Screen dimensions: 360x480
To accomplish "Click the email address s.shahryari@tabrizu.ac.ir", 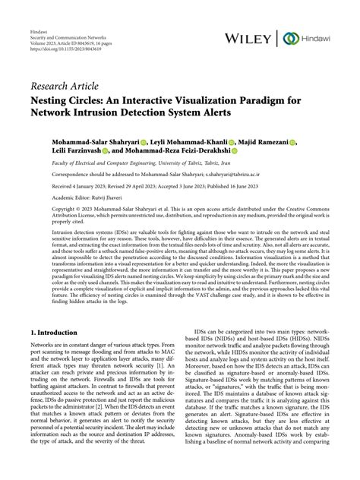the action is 254,174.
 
